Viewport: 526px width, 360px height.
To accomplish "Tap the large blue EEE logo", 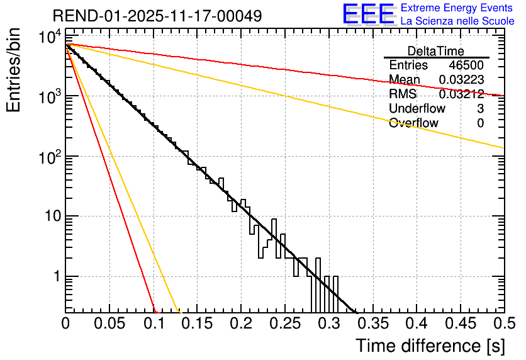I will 368,14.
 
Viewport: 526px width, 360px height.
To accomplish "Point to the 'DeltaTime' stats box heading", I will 436,51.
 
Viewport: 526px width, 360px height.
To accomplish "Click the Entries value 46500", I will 466,65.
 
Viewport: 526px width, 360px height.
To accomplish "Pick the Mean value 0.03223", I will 461,80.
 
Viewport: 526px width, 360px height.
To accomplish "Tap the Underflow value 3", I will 480,109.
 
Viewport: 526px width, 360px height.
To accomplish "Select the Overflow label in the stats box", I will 413,123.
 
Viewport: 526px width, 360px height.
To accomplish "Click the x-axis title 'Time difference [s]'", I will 430,346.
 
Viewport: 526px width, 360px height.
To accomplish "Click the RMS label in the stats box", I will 403,94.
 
